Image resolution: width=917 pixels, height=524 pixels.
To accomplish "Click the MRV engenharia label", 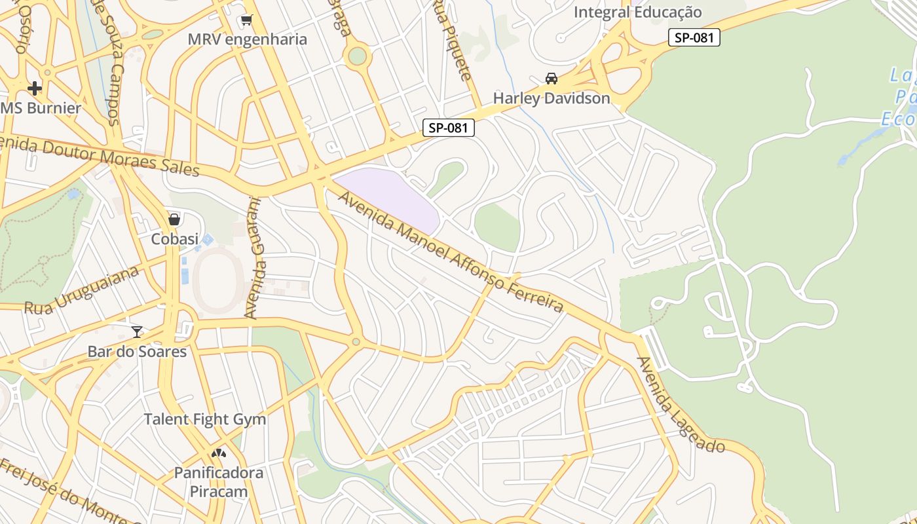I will (247, 39).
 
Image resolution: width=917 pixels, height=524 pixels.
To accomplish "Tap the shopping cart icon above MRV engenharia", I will (246, 20).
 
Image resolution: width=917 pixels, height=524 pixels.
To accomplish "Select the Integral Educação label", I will (637, 12).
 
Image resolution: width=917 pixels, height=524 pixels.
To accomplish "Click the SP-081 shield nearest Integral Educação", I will (694, 38).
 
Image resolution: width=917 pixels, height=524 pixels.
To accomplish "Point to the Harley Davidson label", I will (551, 98).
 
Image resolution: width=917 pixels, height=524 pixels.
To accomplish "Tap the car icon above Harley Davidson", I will (552, 79).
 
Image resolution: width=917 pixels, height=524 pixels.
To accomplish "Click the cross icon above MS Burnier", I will (35, 88).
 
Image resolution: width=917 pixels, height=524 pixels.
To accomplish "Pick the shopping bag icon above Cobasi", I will (174, 219).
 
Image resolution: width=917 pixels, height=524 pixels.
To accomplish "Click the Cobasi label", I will (174, 239).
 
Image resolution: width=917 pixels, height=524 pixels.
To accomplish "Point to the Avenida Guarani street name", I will (256, 259).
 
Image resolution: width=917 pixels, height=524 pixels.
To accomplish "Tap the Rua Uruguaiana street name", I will (82, 290).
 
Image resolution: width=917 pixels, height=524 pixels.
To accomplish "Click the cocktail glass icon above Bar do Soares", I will (137, 331).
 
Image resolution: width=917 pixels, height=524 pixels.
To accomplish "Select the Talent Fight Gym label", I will (205, 419).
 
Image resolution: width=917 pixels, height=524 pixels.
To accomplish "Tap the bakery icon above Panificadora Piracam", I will (218, 453).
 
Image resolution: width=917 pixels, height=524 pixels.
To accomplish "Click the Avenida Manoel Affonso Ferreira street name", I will (452, 252).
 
